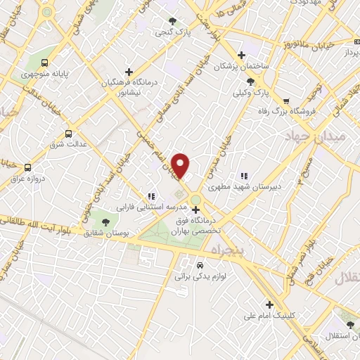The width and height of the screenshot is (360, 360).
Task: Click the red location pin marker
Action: click(181, 166)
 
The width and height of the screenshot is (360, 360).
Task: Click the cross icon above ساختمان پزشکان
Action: click(241, 55)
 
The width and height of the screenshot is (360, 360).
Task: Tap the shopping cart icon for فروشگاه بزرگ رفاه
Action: click(285, 99)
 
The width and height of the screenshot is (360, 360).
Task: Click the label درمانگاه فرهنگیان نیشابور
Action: click(129, 86)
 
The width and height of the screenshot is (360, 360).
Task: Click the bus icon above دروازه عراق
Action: click(27, 167)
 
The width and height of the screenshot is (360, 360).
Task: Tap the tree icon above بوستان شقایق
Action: click(105, 221)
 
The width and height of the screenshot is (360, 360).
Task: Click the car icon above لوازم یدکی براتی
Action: click(200, 266)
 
